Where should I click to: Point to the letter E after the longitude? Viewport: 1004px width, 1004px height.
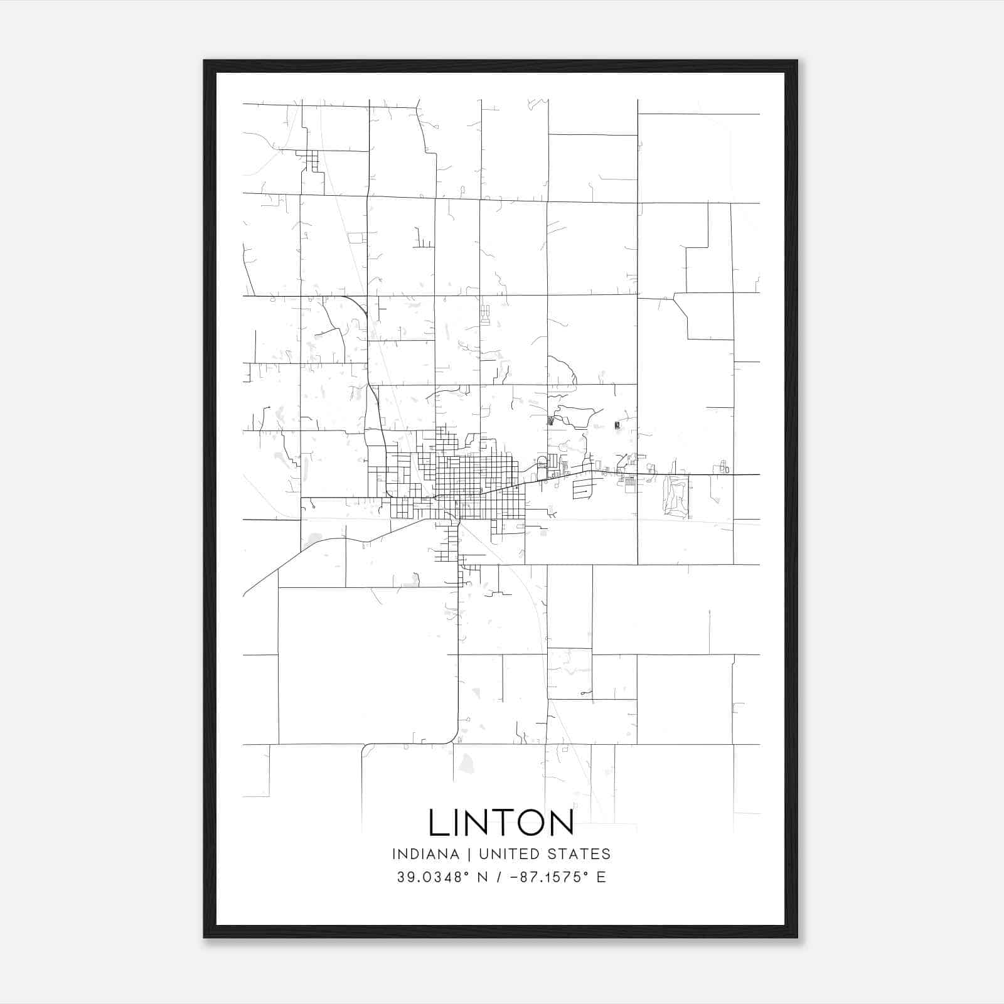[601, 877]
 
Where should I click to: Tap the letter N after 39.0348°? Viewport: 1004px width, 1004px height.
[483, 877]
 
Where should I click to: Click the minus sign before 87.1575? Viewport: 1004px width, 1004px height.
[515, 877]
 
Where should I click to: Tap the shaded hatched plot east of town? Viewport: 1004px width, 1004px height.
[676, 496]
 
